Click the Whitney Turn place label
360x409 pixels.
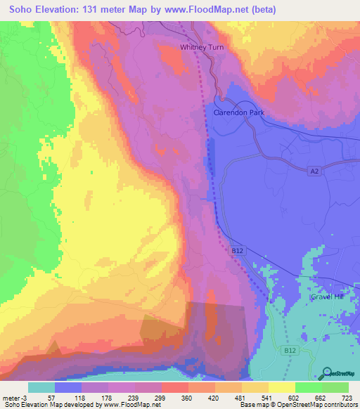click(x=200, y=48)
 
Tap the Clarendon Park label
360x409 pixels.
click(x=238, y=112)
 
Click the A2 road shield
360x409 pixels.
click(x=315, y=171)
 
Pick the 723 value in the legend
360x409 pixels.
click(x=347, y=398)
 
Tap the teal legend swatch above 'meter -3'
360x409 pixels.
click(x=41, y=387)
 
